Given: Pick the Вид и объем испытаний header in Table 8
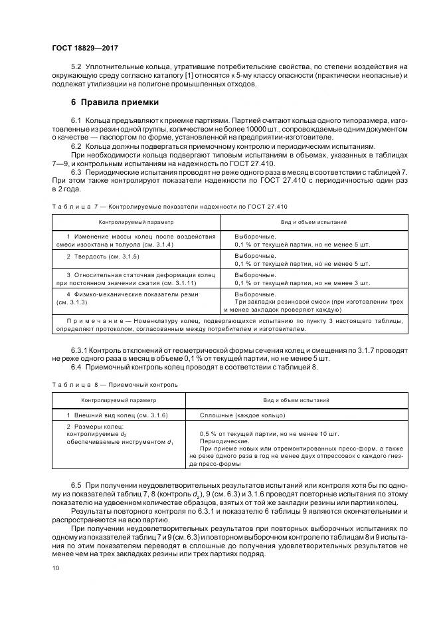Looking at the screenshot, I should click(x=296, y=400).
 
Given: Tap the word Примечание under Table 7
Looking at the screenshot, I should click(x=88, y=320).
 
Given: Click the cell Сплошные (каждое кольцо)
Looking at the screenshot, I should click(x=242, y=415).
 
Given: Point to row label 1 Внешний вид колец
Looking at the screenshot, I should click(x=117, y=415).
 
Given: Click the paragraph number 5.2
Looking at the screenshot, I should click(x=75, y=67).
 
